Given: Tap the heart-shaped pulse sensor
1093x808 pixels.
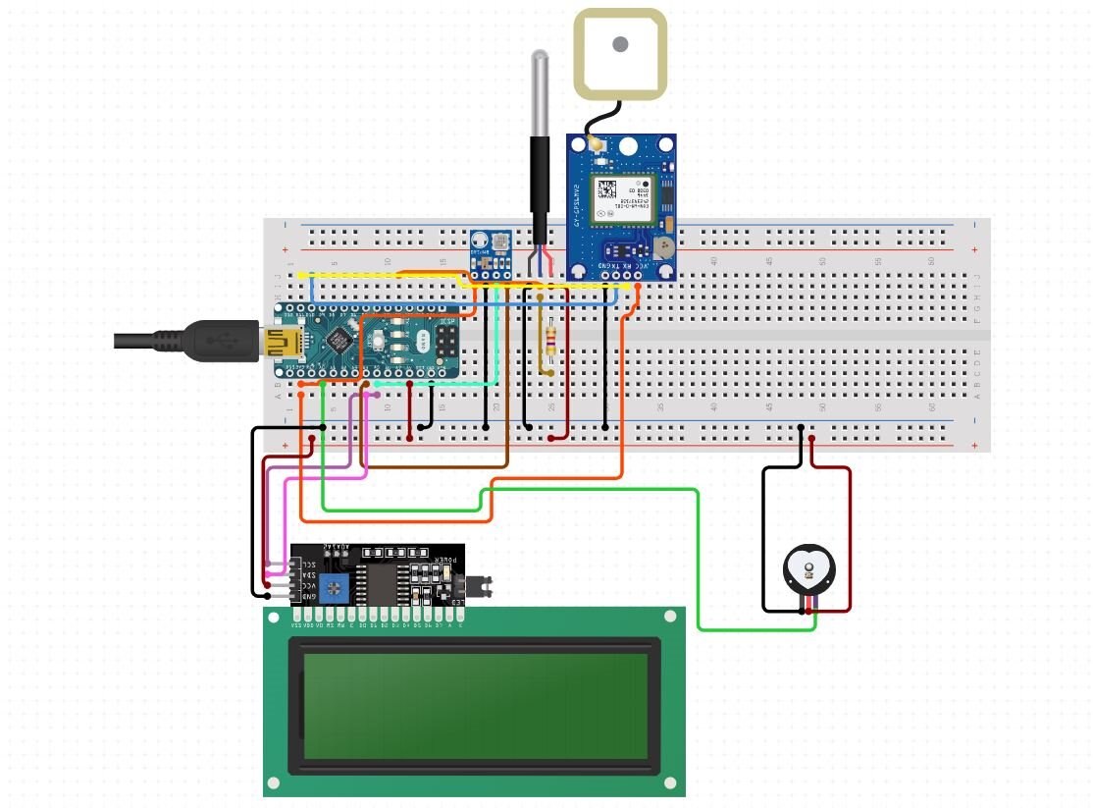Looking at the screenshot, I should coord(808,569).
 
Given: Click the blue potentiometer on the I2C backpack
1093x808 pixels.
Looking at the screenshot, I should coord(336,587).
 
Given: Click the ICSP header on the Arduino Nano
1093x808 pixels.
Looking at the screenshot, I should coord(446,341).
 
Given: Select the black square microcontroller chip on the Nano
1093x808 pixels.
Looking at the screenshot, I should coord(339,340).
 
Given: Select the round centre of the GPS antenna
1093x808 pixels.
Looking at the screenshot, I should coord(620,44).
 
